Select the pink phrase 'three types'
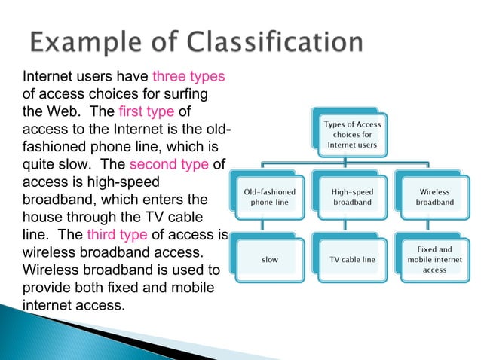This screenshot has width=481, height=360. point(188,77)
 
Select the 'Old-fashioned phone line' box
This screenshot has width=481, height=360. point(269,197)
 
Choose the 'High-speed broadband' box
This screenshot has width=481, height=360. point(352,197)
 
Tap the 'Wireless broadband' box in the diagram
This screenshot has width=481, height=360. point(435,197)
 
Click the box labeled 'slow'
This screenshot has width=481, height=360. point(269,260)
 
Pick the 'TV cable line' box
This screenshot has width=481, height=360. point(352,260)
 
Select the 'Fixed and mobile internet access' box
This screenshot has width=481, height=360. point(435,260)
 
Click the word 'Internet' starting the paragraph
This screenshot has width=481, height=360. point(47,77)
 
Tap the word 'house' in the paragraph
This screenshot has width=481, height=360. point(44,218)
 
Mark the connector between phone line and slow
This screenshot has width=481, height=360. point(262,227)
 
